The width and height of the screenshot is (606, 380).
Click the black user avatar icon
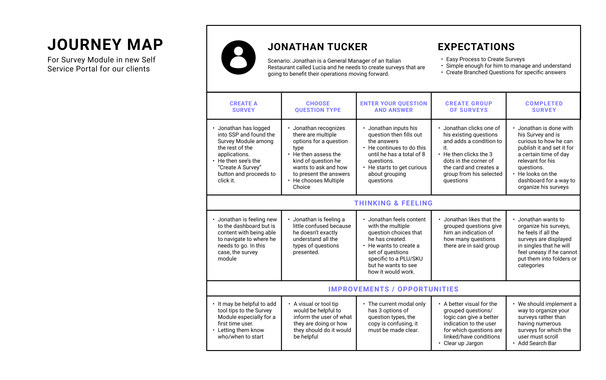tap(238, 57)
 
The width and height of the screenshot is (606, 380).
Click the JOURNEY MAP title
tap(105, 45)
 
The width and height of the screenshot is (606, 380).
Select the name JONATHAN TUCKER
tap(317, 47)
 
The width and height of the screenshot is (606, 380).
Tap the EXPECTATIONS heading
tap(476, 47)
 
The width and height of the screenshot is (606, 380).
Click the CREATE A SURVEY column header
tap(243, 107)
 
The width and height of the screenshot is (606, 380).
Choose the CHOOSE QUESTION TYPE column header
tap(318, 107)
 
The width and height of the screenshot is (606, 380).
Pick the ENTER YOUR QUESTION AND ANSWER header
tap(393, 107)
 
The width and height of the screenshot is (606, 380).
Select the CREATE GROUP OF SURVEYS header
tap(468, 107)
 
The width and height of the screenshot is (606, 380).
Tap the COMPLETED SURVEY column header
tap(544, 107)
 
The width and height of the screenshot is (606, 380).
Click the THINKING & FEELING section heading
tap(393, 203)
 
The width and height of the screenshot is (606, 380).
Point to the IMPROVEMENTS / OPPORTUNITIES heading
tap(393, 289)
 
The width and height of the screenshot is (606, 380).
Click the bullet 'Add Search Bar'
tap(537, 343)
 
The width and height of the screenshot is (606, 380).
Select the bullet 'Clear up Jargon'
tap(463, 343)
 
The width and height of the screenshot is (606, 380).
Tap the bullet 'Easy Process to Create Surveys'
tap(485, 59)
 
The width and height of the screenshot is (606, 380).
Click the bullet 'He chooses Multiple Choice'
tap(318, 184)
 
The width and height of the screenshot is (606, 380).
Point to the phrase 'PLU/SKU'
tap(408, 259)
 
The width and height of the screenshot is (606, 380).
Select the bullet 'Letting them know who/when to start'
tap(241, 333)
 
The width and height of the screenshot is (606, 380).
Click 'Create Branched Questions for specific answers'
tap(506, 72)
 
